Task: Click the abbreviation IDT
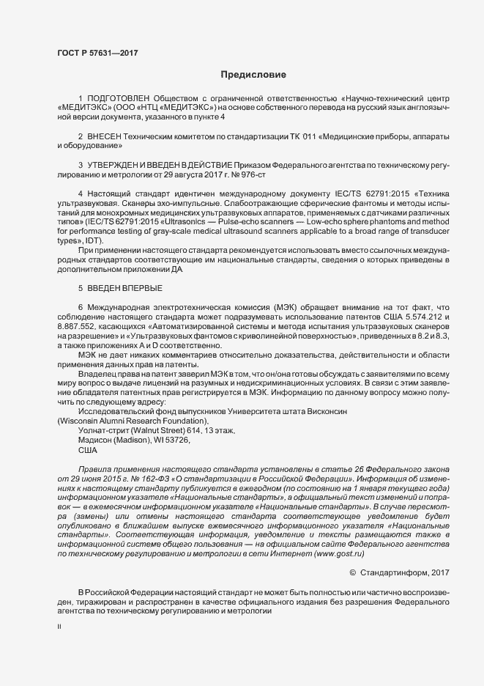(94, 241)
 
